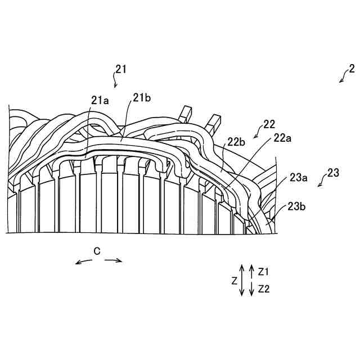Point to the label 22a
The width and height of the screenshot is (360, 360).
pos(283,137)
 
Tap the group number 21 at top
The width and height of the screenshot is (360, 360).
pos(120,69)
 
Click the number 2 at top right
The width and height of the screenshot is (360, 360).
pos(352,69)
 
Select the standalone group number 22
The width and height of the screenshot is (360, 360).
pos(268,124)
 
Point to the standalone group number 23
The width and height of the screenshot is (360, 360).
pos(333,173)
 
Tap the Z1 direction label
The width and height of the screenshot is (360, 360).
pos(264,271)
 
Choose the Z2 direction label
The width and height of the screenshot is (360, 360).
pos(264,289)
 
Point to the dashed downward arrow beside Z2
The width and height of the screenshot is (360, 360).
pos(251,289)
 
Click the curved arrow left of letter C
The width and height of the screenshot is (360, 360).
pos(83,260)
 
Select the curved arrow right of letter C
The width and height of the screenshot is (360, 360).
pos(113,259)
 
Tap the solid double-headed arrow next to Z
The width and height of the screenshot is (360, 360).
pos(241,280)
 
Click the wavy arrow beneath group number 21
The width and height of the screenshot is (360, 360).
pos(116,83)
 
